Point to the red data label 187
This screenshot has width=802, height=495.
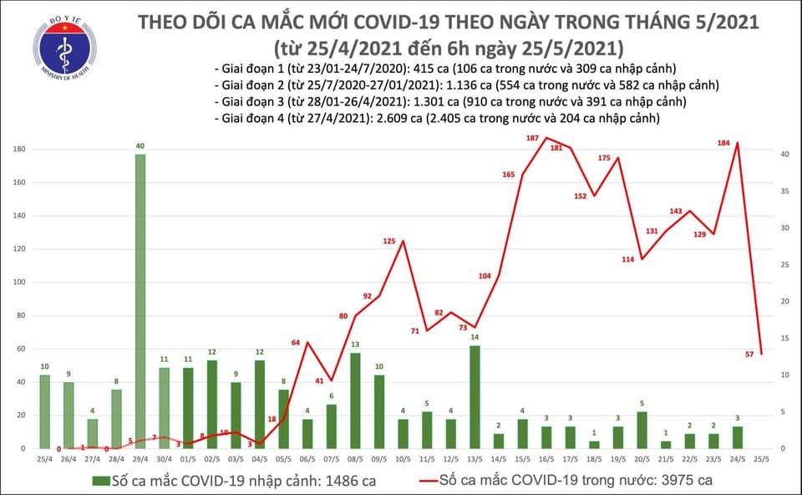pyautogui.click(x=532, y=138)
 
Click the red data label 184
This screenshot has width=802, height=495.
pyautogui.click(x=723, y=143)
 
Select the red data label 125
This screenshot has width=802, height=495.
pyautogui.click(x=389, y=241)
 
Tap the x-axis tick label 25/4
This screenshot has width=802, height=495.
pyautogui.click(x=43, y=458)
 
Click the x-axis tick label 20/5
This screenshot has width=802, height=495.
pyautogui.click(x=642, y=458)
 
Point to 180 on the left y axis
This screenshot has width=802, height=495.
pyautogui.click(x=18, y=150)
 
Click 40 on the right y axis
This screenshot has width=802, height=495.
pyautogui.click(x=782, y=154)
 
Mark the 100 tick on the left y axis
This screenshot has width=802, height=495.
pyautogui.click(x=18, y=283)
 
